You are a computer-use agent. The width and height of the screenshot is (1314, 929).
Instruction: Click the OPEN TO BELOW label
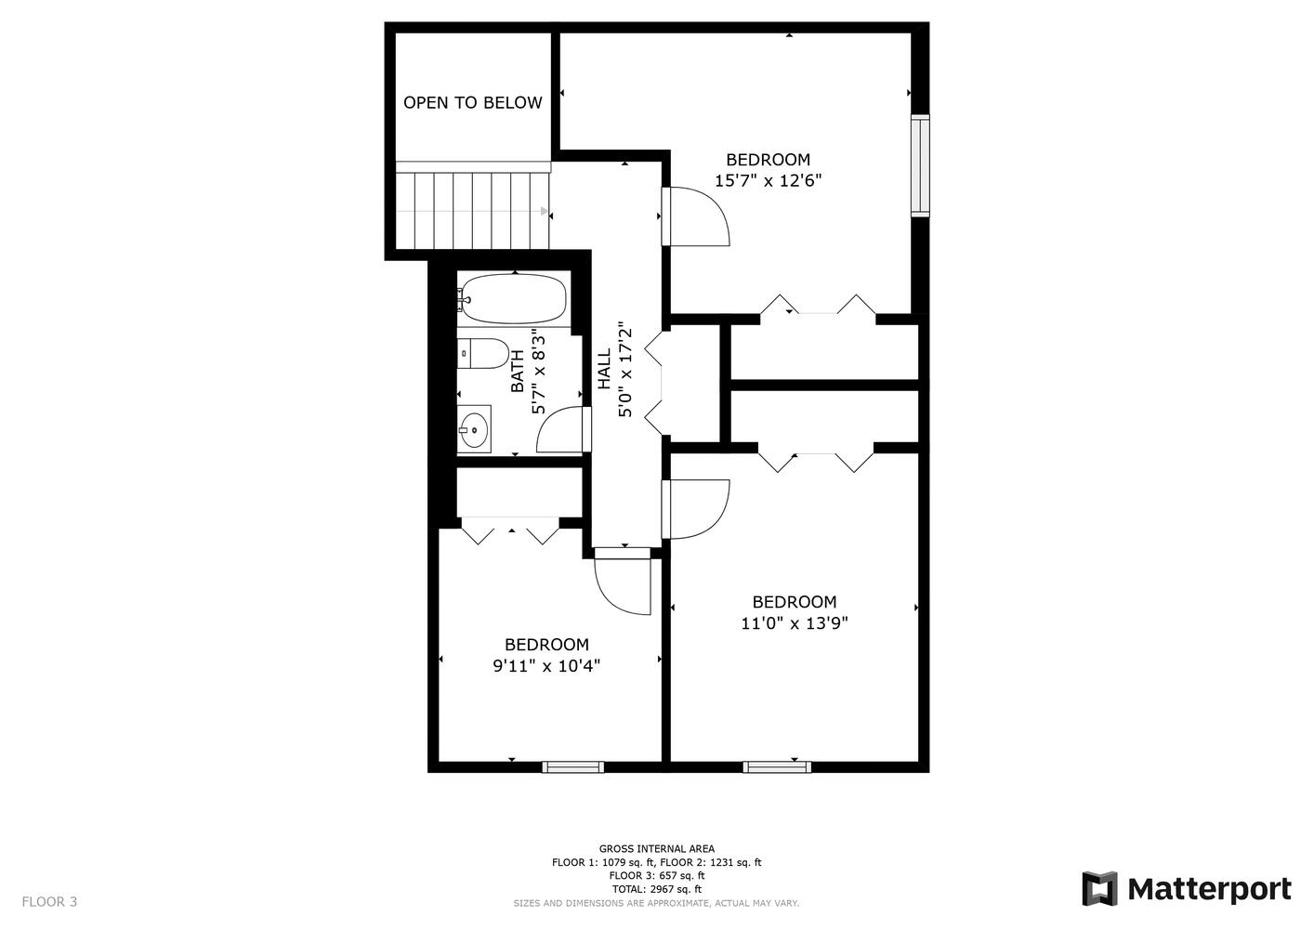(x=473, y=102)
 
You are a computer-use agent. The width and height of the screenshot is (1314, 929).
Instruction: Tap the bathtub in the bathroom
(x=513, y=299)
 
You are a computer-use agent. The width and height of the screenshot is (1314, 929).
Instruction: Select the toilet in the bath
(x=483, y=354)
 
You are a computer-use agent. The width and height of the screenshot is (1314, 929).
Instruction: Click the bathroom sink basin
(x=474, y=429)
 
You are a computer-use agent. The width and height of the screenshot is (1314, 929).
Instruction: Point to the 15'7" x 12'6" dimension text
(x=768, y=180)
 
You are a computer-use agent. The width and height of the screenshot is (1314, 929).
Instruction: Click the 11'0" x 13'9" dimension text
(x=795, y=622)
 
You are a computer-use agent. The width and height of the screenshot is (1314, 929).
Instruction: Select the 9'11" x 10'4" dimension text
(x=546, y=666)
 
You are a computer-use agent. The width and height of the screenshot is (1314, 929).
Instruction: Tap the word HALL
(x=604, y=369)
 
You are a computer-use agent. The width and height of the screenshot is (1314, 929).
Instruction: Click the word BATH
(x=518, y=372)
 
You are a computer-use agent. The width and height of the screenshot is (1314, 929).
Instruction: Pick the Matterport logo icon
(x=1099, y=888)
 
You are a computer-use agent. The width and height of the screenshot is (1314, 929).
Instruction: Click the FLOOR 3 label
(x=49, y=901)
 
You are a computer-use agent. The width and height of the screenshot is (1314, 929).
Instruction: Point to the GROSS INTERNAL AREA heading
(x=656, y=849)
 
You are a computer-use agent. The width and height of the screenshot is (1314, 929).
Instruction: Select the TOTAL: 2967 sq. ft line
(x=656, y=889)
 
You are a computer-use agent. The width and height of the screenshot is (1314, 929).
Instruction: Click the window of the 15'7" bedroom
(x=920, y=166)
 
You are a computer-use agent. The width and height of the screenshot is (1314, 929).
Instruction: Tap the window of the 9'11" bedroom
(x=572, y=766)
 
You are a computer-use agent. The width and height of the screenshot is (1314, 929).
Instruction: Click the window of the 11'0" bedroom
(x=777, y=766)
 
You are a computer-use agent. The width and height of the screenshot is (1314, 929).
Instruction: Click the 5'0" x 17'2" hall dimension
(x=625, y=369)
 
